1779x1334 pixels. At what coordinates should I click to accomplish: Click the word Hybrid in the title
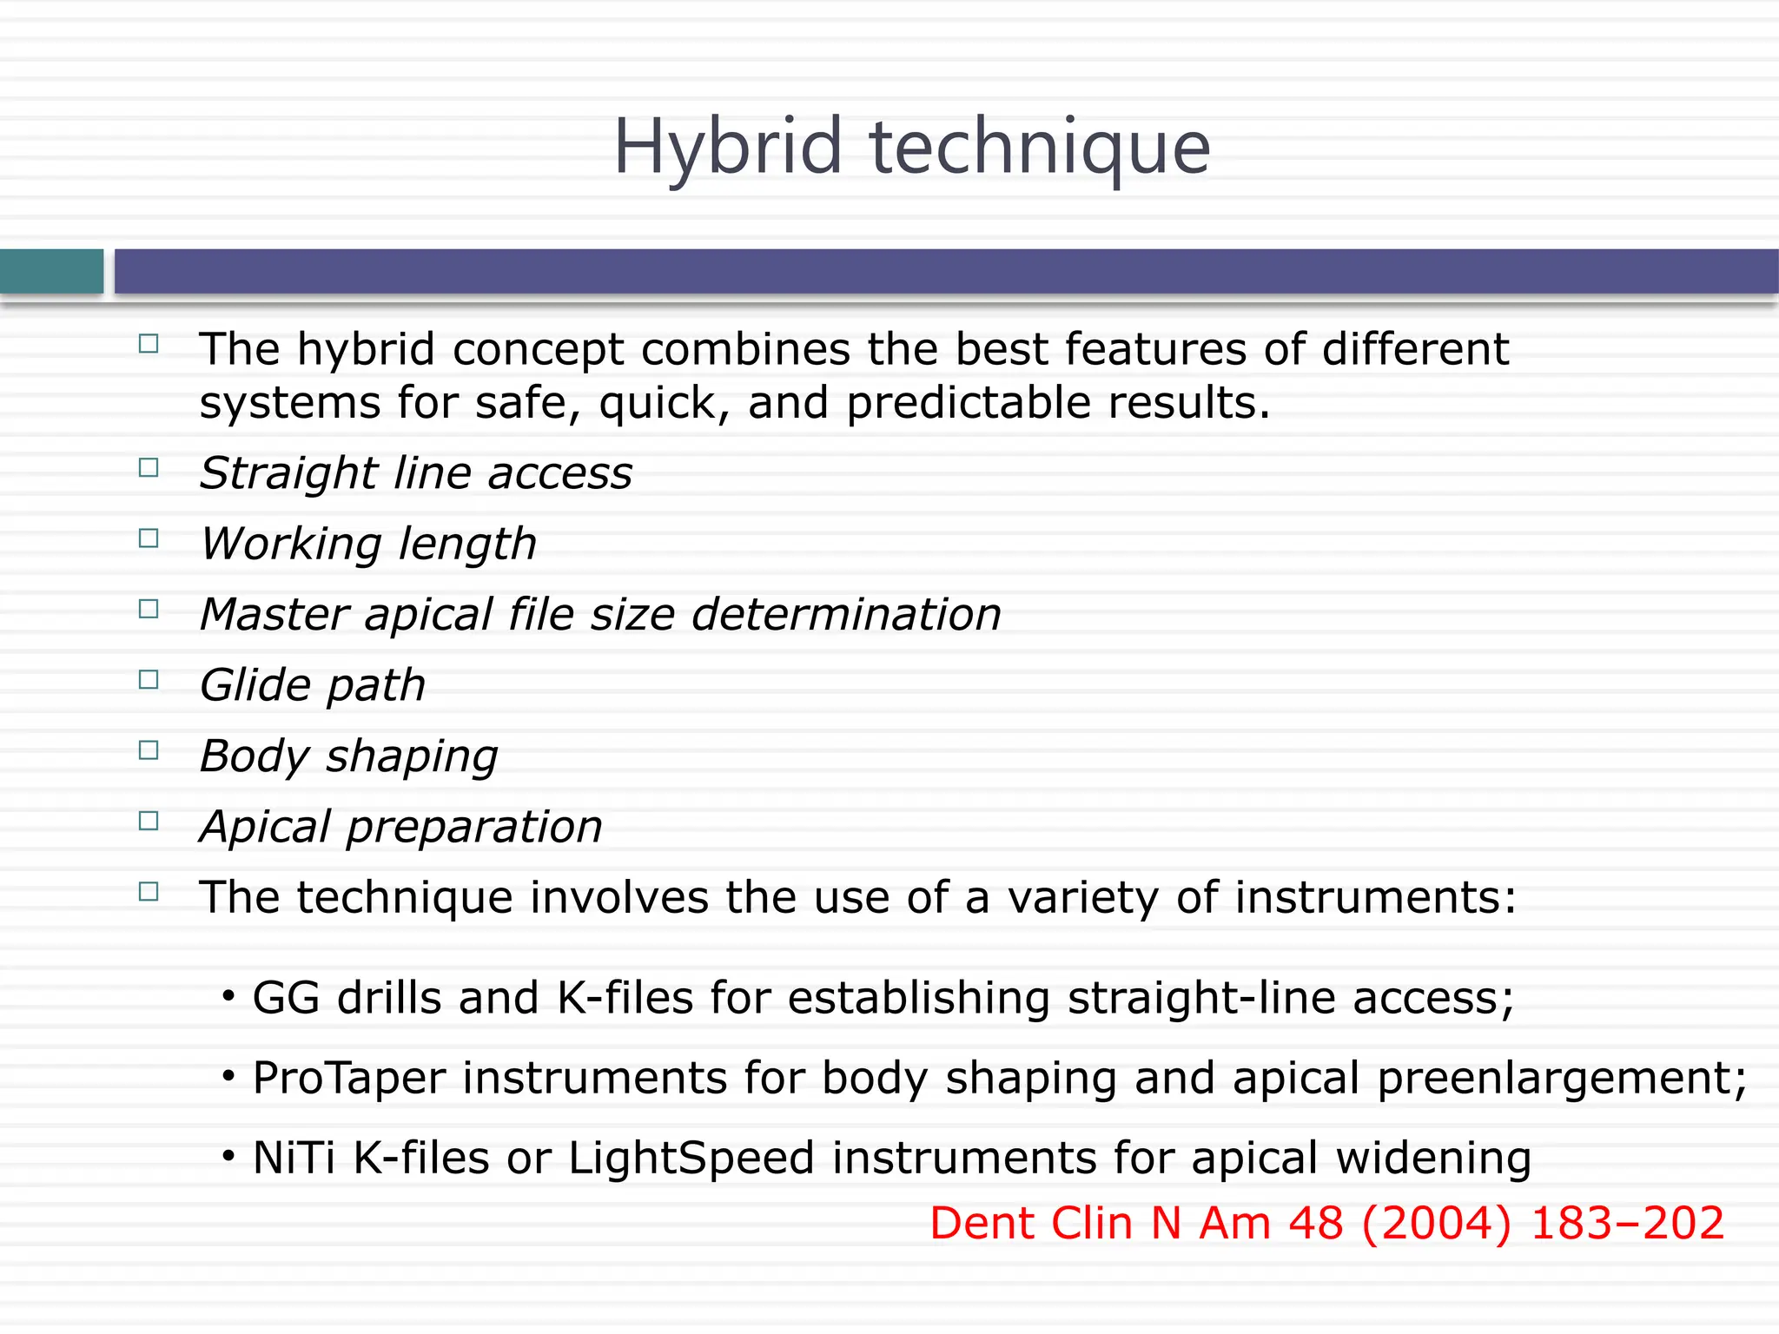[728, 148]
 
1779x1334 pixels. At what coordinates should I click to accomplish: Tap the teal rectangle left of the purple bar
[51, 271]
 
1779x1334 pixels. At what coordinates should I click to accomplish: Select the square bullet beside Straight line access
[149, 468]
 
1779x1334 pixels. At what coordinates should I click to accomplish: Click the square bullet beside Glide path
[149, 679]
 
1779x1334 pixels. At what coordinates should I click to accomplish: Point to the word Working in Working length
[290, 545]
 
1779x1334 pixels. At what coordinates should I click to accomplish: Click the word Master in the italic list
[274, 614]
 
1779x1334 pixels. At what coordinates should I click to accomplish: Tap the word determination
[846, 614]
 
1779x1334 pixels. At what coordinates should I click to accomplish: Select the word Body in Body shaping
[254, 756]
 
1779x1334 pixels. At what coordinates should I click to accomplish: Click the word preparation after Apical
[474, 827]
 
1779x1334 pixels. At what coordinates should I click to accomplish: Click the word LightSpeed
[691, 1159]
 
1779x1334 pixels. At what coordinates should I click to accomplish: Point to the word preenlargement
[1560, 1079]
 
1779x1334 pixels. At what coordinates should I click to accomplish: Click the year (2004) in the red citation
[1436, 1224]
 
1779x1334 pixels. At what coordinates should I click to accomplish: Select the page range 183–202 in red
[1626, 1224]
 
